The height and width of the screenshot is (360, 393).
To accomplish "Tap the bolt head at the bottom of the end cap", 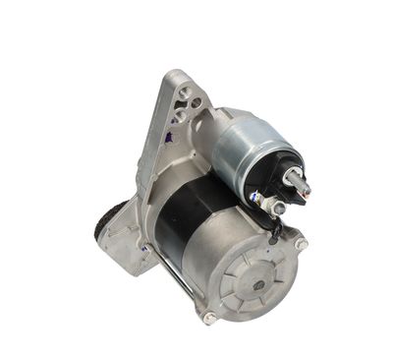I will (x=209, y=317).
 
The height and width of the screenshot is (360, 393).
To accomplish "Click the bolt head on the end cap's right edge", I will (x=301, y=242).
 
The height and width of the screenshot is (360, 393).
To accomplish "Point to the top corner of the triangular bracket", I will (x=175, y=74).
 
